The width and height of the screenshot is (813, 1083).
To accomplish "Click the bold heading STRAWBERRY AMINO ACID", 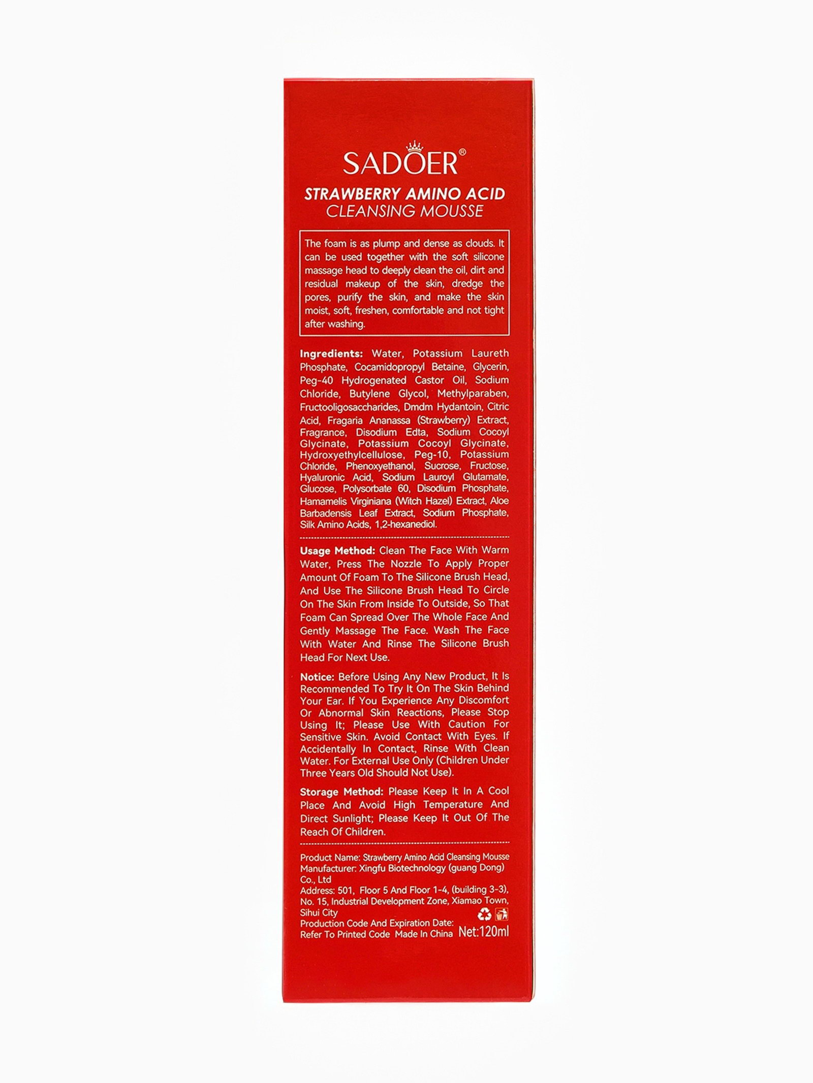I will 404,194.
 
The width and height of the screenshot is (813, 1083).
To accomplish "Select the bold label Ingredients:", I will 331,353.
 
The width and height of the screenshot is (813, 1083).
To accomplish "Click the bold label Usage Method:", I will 337,550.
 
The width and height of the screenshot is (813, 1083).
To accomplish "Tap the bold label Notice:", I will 317,677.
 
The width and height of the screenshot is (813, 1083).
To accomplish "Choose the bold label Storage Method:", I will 341,792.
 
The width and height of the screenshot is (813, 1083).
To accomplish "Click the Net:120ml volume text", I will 483,932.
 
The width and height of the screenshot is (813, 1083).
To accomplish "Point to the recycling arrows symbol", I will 484,914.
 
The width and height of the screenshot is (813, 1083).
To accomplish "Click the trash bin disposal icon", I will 502,914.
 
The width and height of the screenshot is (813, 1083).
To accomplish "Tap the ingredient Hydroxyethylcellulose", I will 351,454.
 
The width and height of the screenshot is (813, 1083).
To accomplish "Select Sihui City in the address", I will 319,912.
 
